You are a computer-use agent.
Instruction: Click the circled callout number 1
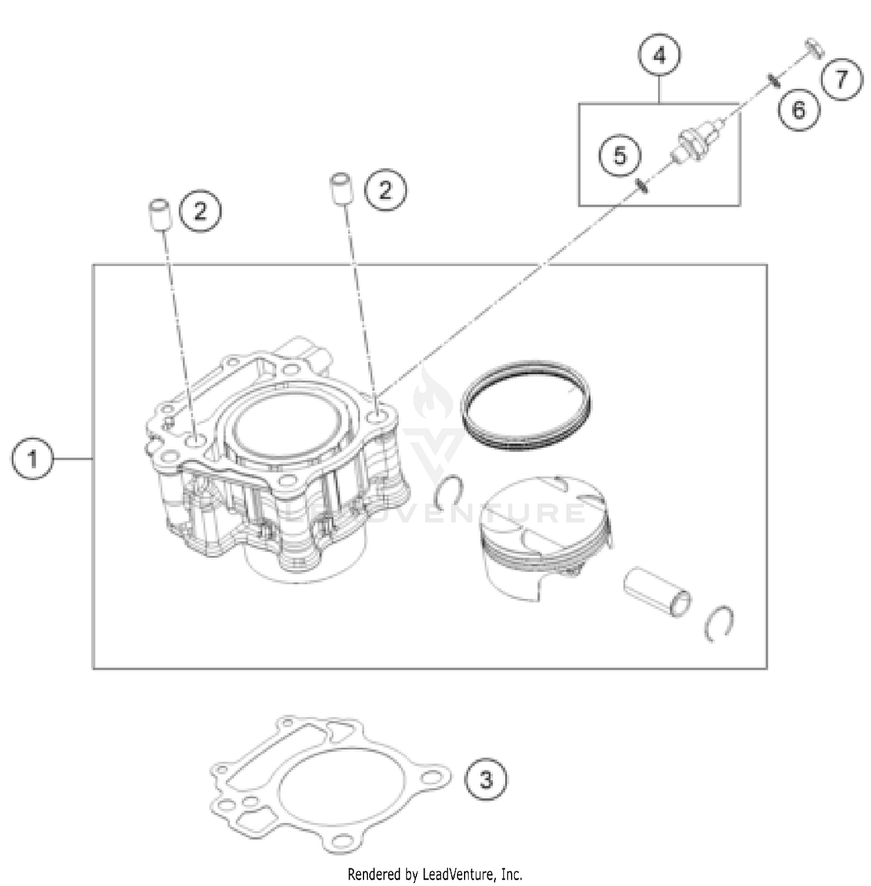(32, 458)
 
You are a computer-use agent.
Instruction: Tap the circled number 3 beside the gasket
(485, 779)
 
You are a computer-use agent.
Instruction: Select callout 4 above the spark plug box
(659, 56)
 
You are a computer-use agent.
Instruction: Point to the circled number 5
(620, 156)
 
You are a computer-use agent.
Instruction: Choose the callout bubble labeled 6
(799, 109)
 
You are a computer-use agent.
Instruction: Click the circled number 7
(842, 78)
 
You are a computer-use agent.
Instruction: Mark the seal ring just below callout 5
(642, 185)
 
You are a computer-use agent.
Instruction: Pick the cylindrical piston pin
(657, 591)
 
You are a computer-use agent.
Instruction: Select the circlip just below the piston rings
(449, 491)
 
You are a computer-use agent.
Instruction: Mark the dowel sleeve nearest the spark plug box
(341, 188)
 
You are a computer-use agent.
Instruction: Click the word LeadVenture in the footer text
(459, 874)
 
